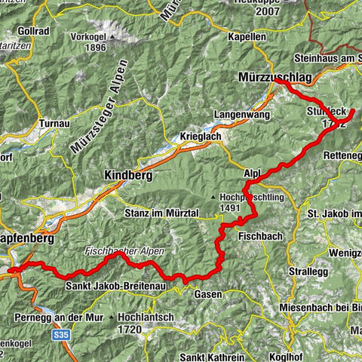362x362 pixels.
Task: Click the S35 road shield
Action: tap(62, 332)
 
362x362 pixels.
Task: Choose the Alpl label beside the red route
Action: tap(252, 172)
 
